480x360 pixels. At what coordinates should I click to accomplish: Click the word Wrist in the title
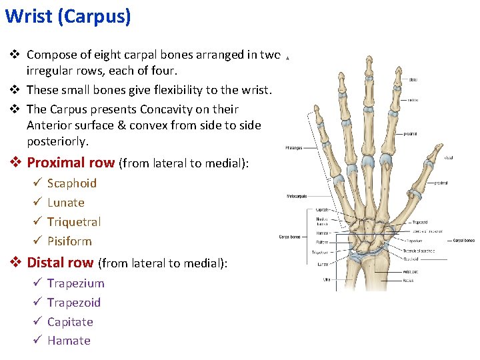tap(29, 16)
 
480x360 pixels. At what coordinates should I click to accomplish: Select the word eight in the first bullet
tap(112, 55)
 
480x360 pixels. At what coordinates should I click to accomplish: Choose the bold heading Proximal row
tap(71, 163)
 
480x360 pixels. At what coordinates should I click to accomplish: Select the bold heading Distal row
tap(61, 263)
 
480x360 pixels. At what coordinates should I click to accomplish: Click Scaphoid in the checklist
tap(71, 183)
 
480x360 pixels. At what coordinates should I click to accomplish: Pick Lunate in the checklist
tap(65, 202)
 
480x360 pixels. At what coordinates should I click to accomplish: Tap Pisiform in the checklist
tap(69, 241)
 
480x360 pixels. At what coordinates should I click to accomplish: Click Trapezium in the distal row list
tap(75, 283)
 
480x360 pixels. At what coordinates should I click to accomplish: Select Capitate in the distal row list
tap(70, 321)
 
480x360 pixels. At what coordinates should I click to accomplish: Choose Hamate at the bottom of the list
tap(68, 341)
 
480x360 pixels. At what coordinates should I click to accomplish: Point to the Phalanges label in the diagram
tap(293, 147)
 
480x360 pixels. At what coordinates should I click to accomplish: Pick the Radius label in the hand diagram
tap(407, 280)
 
